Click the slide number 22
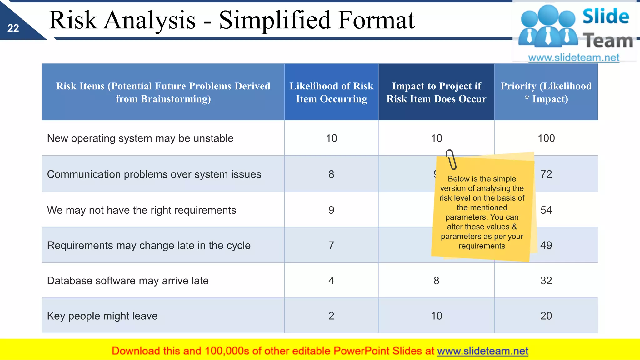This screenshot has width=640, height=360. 13,28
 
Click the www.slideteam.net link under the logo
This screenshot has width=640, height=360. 573,58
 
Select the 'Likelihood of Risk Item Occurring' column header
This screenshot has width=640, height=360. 331,92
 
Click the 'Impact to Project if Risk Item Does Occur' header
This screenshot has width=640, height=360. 436,92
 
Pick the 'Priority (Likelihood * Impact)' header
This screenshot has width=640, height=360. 546,92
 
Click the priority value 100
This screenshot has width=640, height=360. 546,138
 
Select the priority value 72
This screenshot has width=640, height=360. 546,174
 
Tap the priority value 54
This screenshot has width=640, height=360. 546,210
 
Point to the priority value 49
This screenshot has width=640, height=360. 546,245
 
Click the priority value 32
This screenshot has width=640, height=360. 546,281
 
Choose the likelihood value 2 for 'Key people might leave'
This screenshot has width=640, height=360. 331,316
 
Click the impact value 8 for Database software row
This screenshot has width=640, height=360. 436,281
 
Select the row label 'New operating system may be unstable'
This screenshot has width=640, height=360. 140,138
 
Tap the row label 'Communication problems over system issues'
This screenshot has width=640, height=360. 154,174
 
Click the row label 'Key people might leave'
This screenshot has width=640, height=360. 102,316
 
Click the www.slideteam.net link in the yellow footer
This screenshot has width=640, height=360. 482,351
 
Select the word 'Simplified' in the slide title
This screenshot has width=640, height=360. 275,20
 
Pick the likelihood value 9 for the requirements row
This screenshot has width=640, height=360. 331,210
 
